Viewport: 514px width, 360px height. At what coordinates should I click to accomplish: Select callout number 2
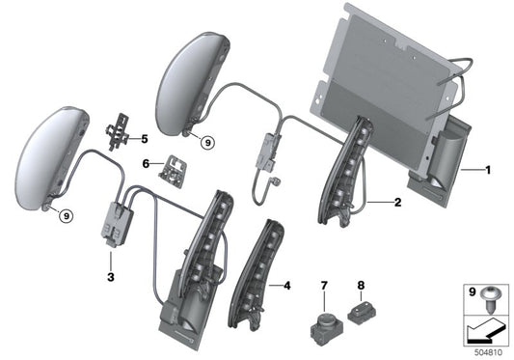click(x=397, y=203)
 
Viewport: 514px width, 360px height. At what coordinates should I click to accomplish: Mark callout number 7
click(x=325, y=287)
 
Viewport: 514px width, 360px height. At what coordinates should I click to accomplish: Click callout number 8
click(x=361, y=287)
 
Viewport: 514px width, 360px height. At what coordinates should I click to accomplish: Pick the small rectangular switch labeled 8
click(x=361, y=311)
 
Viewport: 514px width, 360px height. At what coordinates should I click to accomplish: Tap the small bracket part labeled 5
click(x=121, y=130)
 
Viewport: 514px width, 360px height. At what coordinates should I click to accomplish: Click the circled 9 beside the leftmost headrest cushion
click(x=65, y=214)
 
